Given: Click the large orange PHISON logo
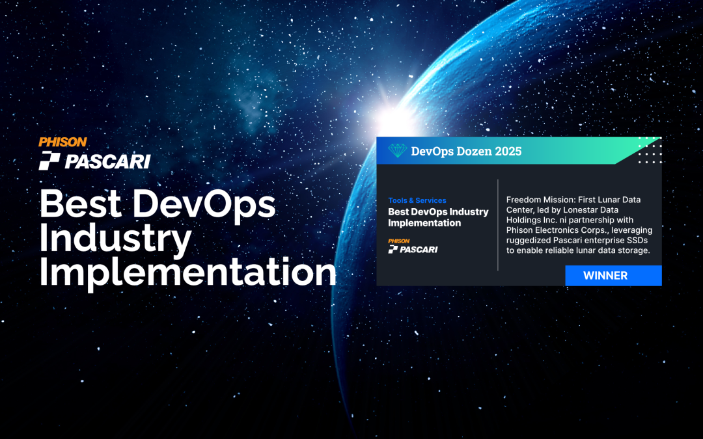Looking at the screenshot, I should (x=62, y=142).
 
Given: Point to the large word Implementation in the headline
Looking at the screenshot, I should (x=188, y=273).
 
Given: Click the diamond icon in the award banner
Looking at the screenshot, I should (x=396, y=151).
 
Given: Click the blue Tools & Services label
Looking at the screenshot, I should (x=417, y=200).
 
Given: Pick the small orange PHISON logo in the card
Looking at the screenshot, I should (x=398, y=241).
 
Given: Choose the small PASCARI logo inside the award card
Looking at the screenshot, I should (x=413, y=249).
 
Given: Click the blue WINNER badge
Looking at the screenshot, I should (x=605, y=275).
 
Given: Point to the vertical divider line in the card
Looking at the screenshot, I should (x=498, y=224).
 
